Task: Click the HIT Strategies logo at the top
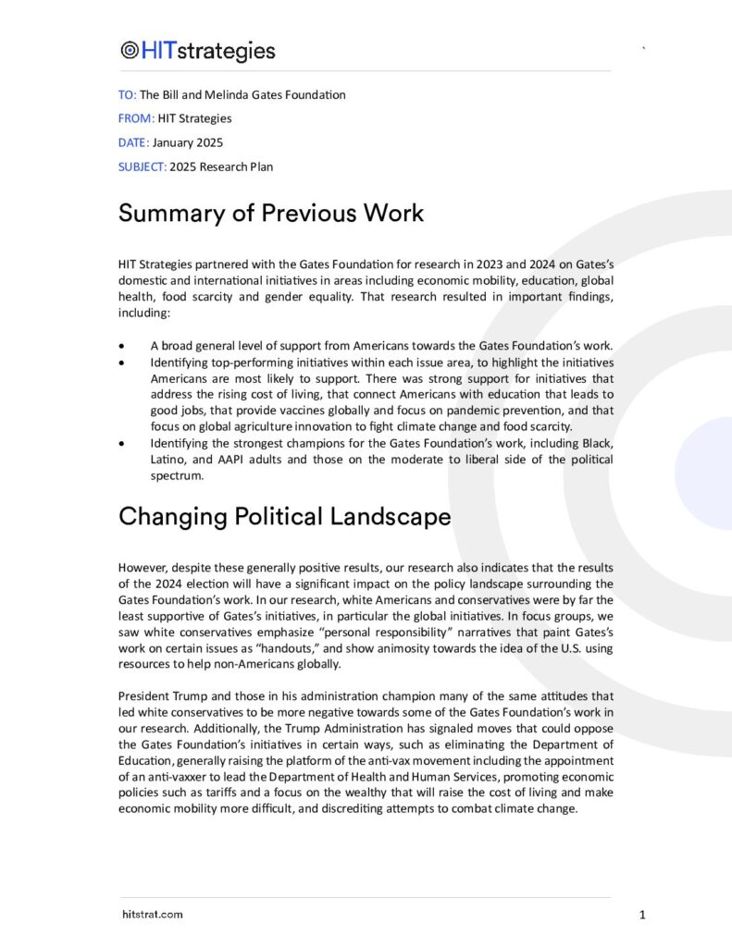tap(197, 50)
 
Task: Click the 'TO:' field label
tap(127, 94)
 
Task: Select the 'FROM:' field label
tap(134, 118)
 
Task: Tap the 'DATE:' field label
tap(133, 142)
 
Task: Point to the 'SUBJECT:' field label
tap(143, 166)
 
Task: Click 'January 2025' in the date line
tap(188, 142)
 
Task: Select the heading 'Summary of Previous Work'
tap(270, 213)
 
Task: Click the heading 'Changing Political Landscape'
tap(284, 516)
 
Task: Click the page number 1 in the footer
tap(642, 915)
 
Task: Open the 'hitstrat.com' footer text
tap(152, 915)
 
